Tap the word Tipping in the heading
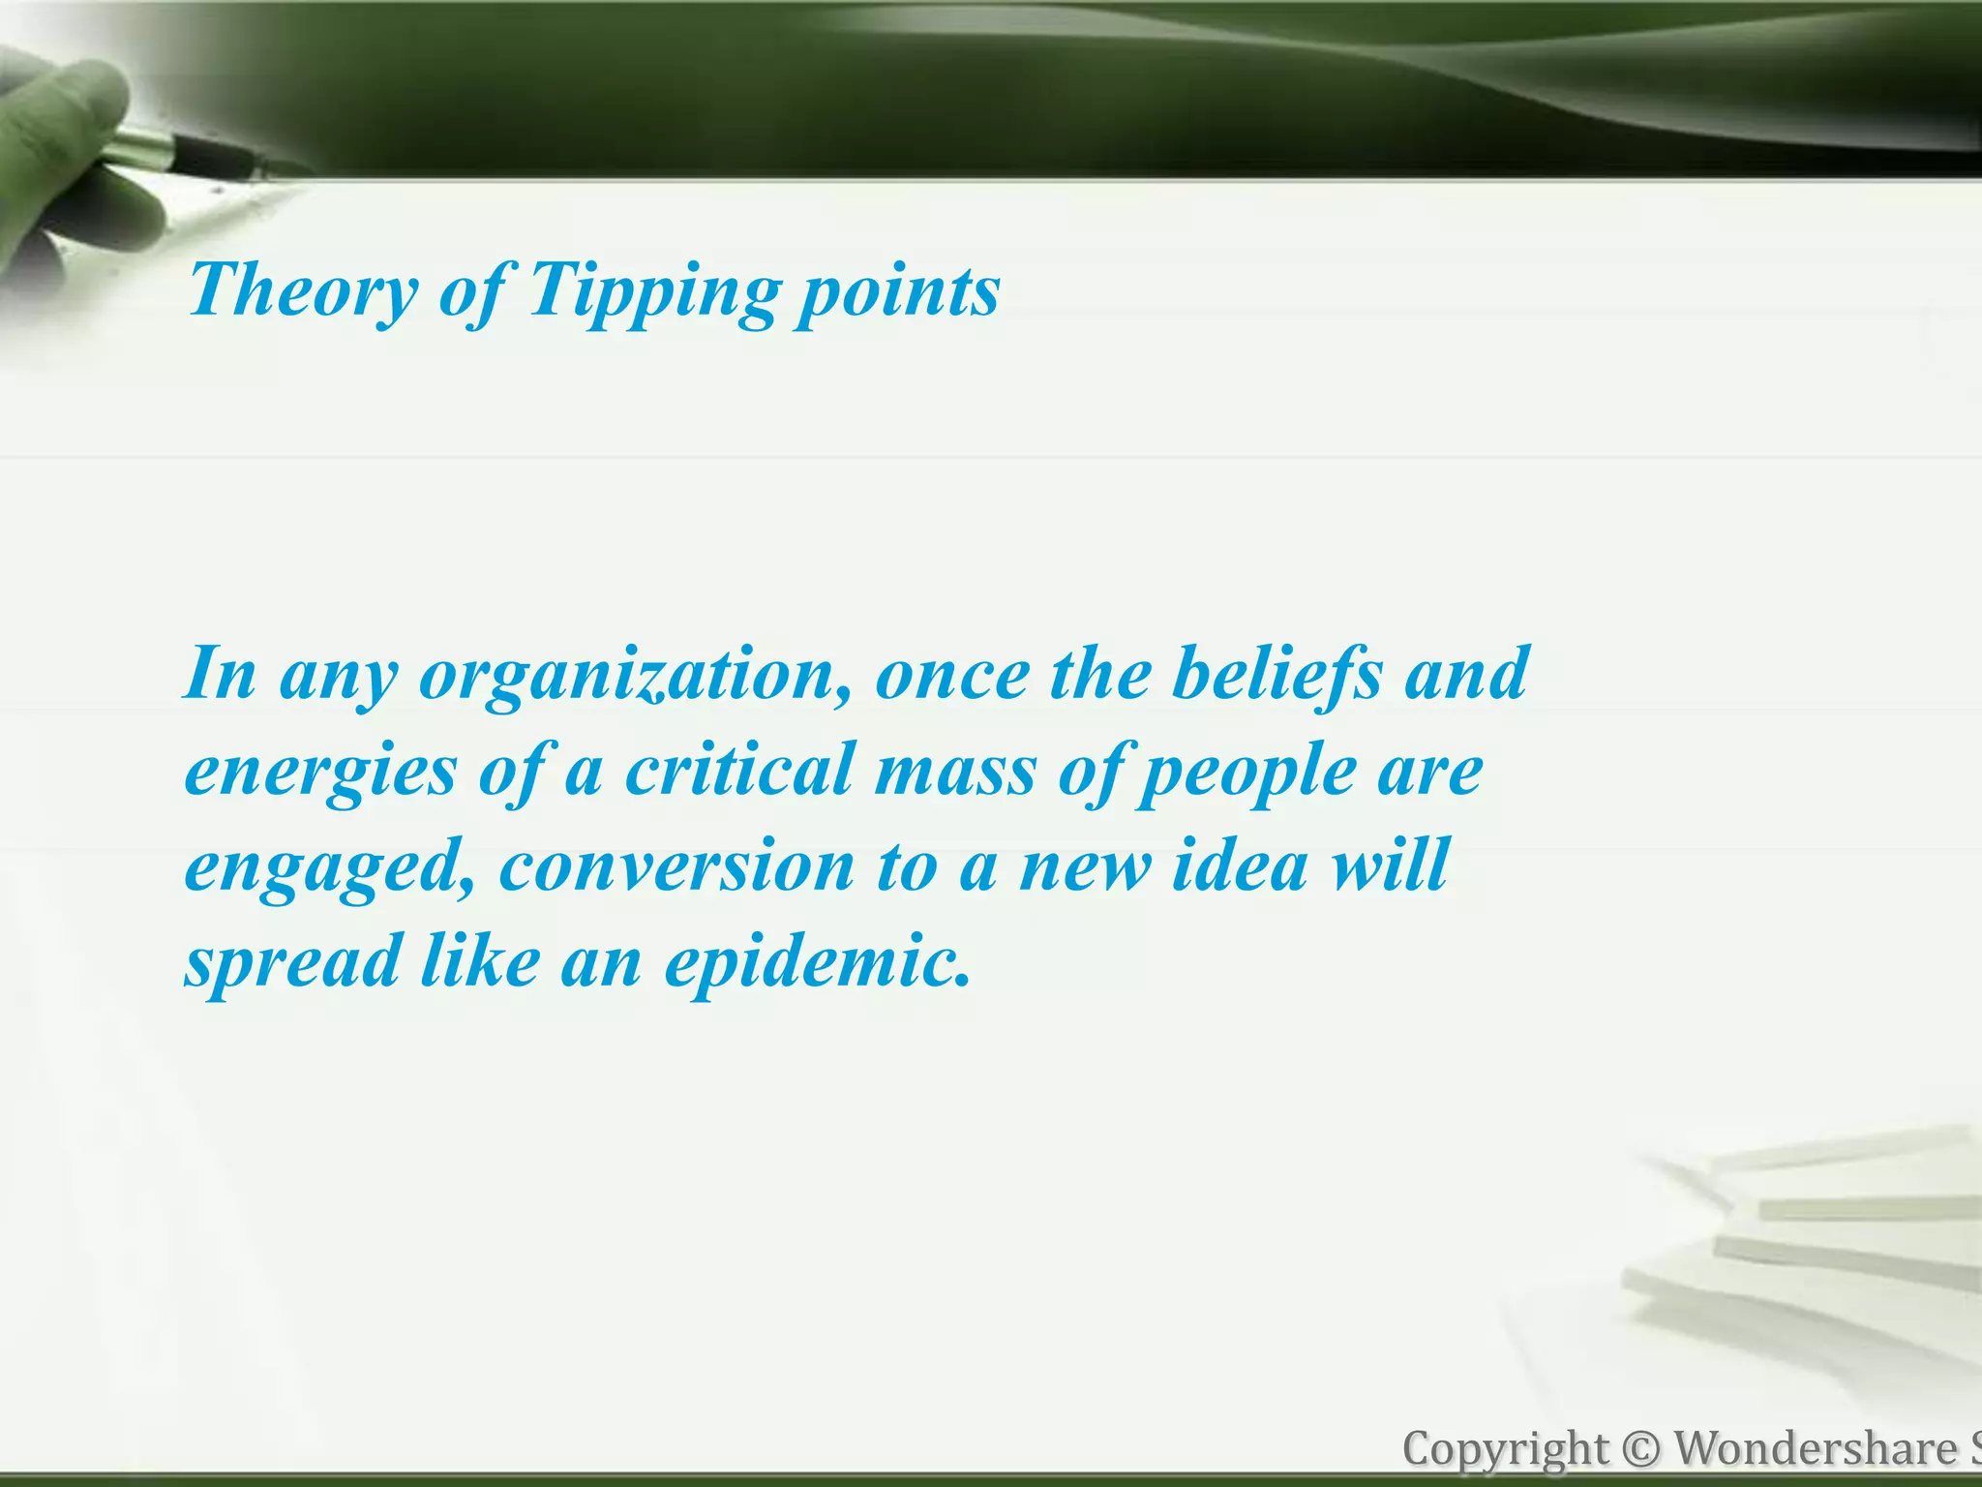[654, 290]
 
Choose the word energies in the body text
[320, 772]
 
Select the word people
[1247, 772]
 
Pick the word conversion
[676, 866]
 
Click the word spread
[293, 962]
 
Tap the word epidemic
[817, 962]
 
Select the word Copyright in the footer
[1505, 1450]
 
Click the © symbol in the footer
[1640, 1450]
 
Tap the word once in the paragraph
[952, 675]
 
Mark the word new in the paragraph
[1085, 866]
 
